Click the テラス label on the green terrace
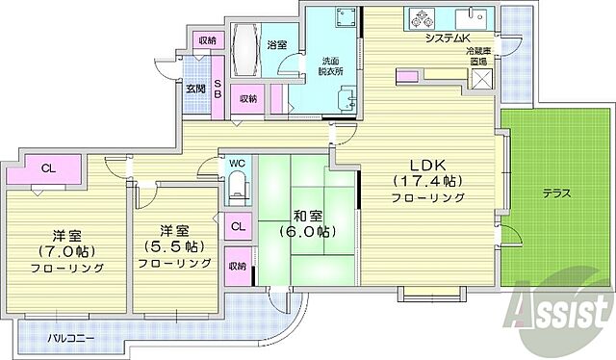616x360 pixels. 556,193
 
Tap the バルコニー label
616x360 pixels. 72,338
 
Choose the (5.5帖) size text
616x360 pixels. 173,245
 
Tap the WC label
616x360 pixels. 236,164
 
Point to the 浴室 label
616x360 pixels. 276,44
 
